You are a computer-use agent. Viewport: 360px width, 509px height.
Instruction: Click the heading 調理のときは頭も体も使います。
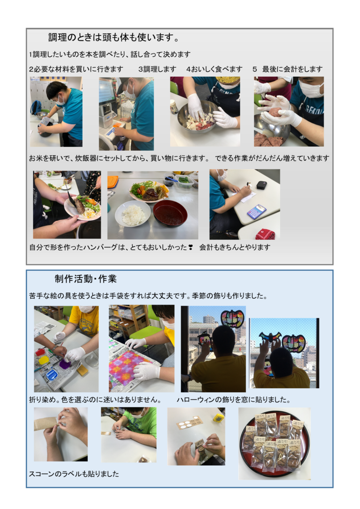pyautogui.click(x=113, y=38)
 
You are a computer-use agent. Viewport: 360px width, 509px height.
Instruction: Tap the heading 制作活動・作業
pyautogui.click(x=86, y=279)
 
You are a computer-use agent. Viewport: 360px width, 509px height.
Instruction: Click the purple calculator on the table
pyautogui.click(x=256, y=212)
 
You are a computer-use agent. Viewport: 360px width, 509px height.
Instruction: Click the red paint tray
pyautogui.click(x=40, y=352)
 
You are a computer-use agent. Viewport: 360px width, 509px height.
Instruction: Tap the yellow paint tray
pyautogui.click(x=44, y=360)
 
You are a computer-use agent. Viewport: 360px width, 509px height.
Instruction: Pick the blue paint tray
pyautogui.click(x=52, y=375)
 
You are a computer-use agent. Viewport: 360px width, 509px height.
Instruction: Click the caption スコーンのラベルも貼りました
pyautogui.click(x=74, y=474)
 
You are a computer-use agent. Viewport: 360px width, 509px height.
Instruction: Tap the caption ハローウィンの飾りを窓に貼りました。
pyautogui.click(x=233, y=399)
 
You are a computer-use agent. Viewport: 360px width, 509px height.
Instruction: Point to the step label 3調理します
pyautogui.click(x=157, y=69)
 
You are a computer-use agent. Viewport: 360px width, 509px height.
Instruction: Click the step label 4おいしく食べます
pyautogui.click(x=214, y=69)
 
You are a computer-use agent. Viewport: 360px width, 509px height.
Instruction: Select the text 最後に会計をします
pyautogui.click(x=292, y=69)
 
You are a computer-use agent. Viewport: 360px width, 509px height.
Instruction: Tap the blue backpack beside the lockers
pyautogui.click(x=36, y=107)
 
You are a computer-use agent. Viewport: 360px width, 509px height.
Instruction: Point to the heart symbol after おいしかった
pyautogui.click(x=190, y=247)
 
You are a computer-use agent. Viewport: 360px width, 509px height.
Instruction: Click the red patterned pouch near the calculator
pyautogui.click(x=265, y=234)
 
